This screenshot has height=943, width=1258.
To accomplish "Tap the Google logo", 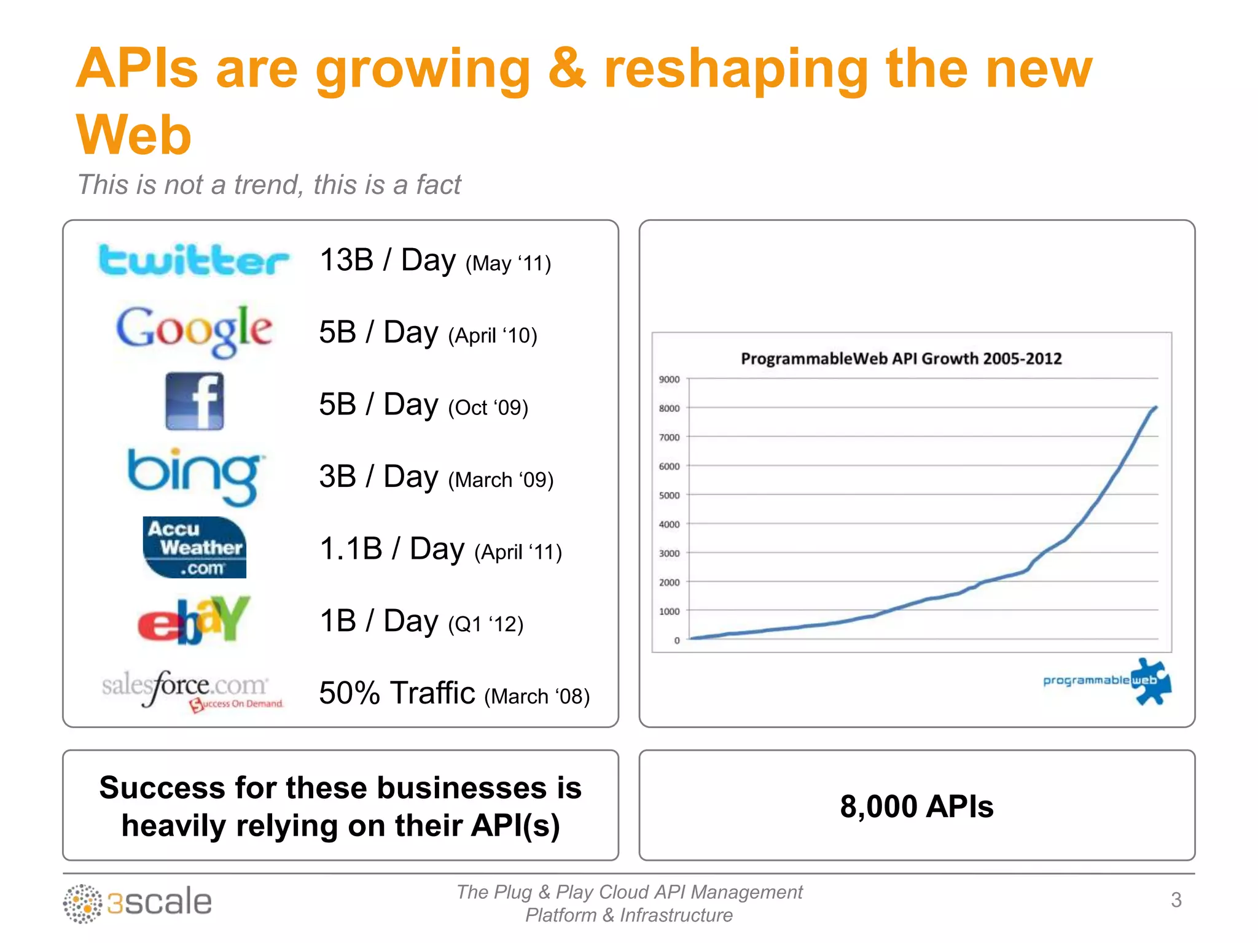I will pos(194,330).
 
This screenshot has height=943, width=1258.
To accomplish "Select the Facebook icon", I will pos(194,401).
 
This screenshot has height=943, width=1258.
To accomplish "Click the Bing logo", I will pos(194,476).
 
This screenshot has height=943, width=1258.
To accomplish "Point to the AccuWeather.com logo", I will pos(194,548).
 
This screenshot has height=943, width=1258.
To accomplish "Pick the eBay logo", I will pos(194,620).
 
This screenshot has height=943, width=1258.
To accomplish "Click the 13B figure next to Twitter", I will pos(347,260).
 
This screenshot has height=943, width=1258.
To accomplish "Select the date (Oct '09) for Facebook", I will pos(488,408).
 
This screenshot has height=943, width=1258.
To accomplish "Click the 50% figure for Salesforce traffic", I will pos(350,693).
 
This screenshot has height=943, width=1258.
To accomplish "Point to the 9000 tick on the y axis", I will pos(669,379).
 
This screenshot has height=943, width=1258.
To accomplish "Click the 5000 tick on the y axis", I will pos(669,495).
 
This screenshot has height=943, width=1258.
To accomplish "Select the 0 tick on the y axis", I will pos(677,640).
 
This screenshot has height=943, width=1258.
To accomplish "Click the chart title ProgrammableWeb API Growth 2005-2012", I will pos(901,359).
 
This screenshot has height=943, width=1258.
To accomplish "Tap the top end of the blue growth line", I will pos(1156,407).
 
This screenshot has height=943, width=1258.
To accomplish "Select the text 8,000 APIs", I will pos(916,806).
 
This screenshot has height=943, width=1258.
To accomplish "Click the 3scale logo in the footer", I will pos(138,902).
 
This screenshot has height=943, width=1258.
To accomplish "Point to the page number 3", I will pos(1176,900).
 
